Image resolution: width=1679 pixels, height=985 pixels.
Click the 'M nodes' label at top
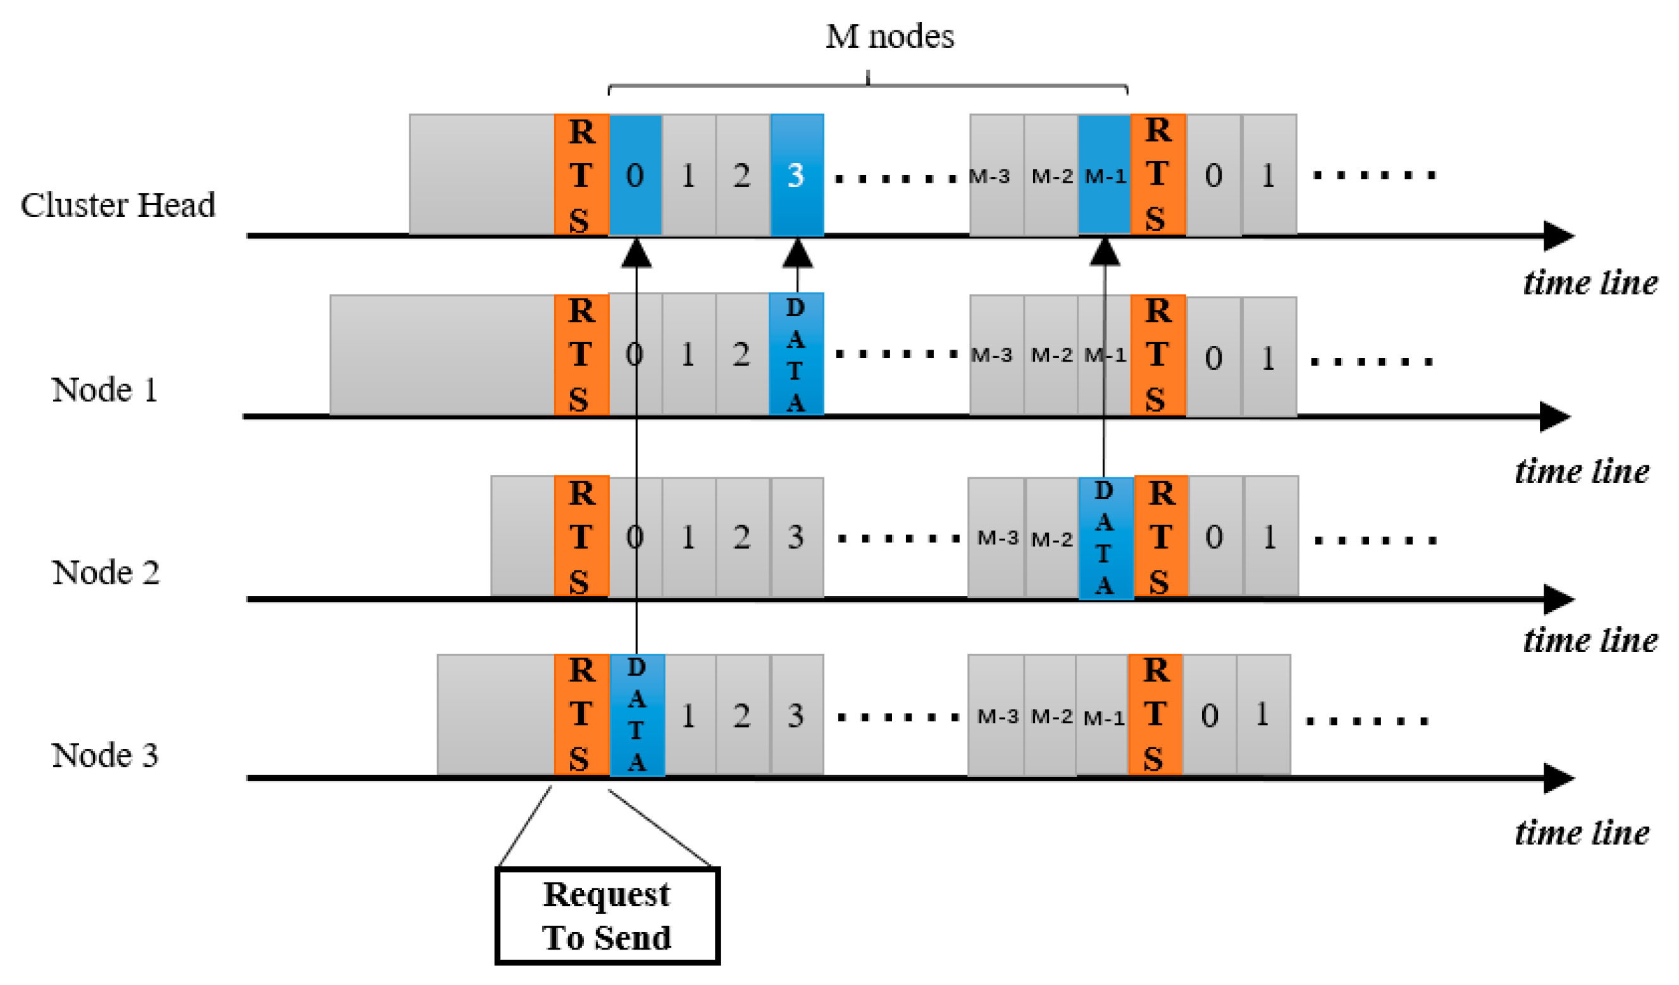pos(889,37)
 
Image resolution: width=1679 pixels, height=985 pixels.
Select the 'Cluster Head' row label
pos(118,205)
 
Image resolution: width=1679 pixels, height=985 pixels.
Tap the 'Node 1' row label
pos(104,389)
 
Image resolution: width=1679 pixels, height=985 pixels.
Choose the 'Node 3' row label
pos(104,756)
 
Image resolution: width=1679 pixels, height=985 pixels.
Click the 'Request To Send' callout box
pos(607,915)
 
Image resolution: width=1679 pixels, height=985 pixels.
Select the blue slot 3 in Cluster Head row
pos(797,174)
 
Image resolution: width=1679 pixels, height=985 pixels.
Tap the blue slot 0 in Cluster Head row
pos(636,174)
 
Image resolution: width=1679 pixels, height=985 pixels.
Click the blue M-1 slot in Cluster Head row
pos(1104,174)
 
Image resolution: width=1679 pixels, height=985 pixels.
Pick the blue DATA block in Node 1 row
pos(796,354)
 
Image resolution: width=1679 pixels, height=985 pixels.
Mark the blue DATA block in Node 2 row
pos(1105,538)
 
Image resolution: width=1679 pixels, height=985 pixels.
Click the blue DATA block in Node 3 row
pos(637,715)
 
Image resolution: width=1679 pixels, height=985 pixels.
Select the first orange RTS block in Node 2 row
pos(581,536)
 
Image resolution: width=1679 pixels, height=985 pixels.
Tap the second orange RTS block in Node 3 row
pos(1155,714)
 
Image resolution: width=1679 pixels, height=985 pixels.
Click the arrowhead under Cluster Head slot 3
pos(797,254)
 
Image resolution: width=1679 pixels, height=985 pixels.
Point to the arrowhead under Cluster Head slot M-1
pos(1104,253)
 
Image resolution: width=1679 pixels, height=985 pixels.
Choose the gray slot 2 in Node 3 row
pos(742,715)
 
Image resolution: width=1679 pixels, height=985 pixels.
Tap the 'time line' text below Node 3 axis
pos(1582,833)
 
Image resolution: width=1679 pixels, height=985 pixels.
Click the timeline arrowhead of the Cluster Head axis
pos(1559,236)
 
